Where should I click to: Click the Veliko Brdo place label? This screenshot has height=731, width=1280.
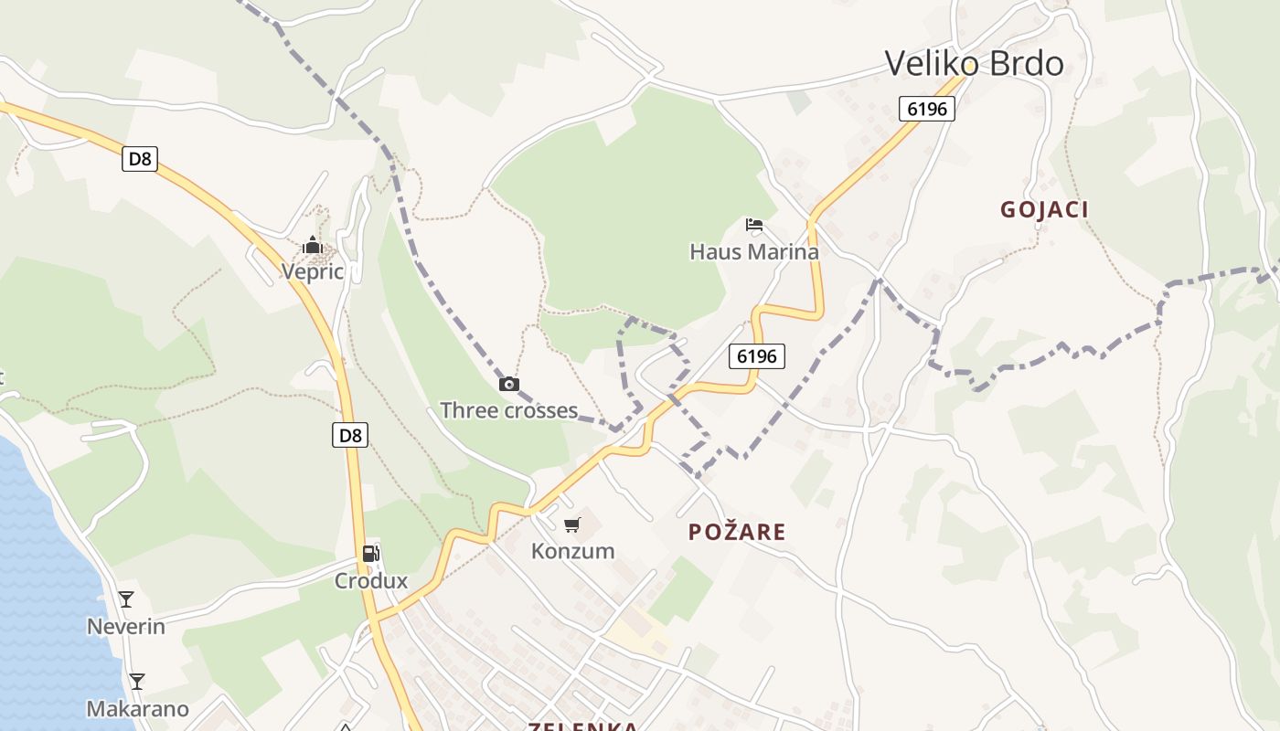coord(974,63)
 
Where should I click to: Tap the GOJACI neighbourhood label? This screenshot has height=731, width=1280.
coord(1044,209)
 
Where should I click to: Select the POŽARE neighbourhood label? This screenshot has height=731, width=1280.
coord(737,532)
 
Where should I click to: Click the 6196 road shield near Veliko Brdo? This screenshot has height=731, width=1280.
coord(926,109)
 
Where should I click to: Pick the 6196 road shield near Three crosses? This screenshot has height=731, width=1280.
coord(757,355)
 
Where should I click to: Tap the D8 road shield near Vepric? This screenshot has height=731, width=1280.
coord(139,159)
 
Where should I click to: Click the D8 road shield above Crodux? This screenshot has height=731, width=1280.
coord(350,435)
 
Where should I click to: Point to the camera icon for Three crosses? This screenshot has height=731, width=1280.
coord(509,385)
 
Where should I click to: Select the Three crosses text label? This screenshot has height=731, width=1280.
coord(508,410)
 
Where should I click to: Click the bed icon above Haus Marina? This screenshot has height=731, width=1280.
coord(754,225)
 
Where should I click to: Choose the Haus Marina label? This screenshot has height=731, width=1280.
coord(754,251)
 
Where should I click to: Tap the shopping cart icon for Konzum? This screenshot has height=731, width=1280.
coord(572,524)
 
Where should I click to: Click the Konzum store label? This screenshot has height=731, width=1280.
coord(572,551)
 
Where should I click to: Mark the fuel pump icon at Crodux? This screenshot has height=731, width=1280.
coord(371,554)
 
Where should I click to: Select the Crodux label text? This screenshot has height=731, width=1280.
coord(371,581)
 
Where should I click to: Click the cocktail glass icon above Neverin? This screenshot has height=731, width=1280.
coord(126,599)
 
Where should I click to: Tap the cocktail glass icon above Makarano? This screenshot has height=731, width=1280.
coord(137,682)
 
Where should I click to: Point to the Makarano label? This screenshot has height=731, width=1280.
coord(137,709)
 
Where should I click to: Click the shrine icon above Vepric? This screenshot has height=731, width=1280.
coord(313,245)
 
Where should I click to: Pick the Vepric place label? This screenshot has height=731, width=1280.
coord(313,271)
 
